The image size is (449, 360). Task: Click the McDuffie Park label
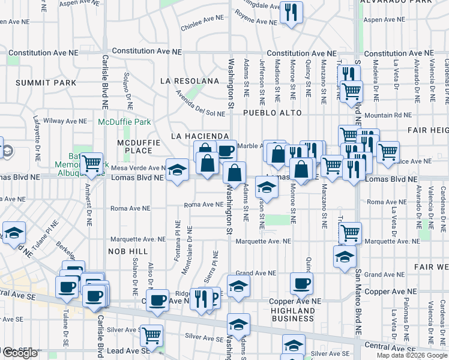coord(124,122)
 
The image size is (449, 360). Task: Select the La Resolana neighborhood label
coord(189,81)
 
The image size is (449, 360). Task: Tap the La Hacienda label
coord(200,136)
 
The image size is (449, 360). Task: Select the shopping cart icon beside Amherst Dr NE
coord(92,163)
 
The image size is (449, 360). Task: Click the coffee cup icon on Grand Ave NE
coord(301,283)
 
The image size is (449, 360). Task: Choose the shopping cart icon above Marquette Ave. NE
coord(350,232)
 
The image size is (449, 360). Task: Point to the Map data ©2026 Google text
coord(412,355)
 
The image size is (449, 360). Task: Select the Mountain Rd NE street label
coord(388,115)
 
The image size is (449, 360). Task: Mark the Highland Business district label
coord(293,314)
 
